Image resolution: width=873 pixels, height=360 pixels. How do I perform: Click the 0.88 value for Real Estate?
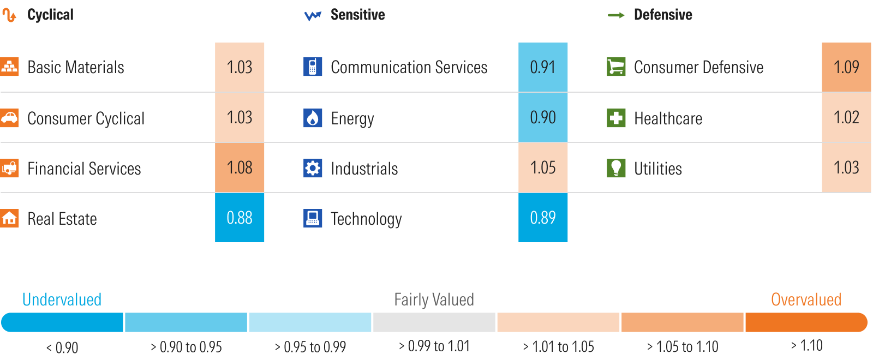[x=240, y=218]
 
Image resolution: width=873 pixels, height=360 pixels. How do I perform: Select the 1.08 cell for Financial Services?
[x=240, y=167]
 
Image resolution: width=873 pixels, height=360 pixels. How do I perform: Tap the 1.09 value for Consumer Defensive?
[x=846, y=67]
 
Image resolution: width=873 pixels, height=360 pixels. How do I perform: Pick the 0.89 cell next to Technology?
[x=543, y=218]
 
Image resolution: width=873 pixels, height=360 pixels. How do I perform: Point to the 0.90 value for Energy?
[x=543, y=117]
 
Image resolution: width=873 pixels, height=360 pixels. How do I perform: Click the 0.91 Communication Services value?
[x=543, y=67]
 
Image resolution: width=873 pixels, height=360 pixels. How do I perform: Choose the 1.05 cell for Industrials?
[x=543, y=167]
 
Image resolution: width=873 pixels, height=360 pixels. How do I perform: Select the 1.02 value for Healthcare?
[x=846, y=117]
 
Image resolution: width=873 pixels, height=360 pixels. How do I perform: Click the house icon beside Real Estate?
[x=9, y=218]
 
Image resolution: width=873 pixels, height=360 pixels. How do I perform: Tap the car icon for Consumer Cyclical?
[x=9, y=118]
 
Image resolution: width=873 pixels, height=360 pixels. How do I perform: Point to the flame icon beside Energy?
[x=313, y=118]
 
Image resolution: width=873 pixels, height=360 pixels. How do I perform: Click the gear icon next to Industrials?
[x=313, y=168]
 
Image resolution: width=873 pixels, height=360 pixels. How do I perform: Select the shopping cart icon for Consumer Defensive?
[x=616, y=67]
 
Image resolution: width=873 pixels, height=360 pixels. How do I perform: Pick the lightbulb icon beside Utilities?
[x=616, y=168]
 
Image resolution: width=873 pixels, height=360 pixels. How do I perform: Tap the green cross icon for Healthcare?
[x=616, y=118]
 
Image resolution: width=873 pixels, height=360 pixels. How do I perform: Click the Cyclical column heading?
[x=50, y=15]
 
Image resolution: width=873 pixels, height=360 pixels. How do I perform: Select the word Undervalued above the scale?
[x=62, y=299]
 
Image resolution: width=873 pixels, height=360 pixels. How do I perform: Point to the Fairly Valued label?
[x=434, y=299]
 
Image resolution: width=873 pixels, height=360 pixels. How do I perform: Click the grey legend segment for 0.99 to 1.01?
[x=434, y=322]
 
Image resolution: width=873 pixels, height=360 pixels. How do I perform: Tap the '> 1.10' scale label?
[x=806, y=346]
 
